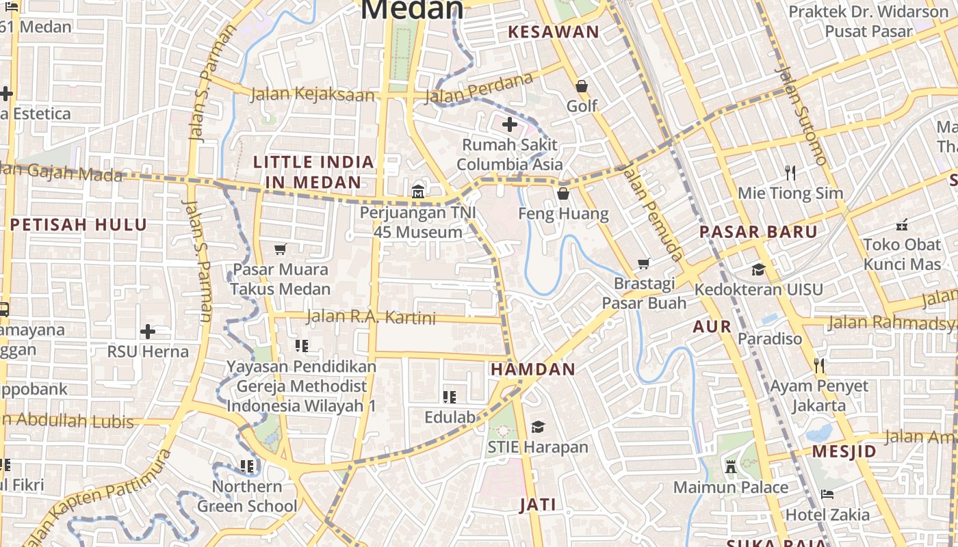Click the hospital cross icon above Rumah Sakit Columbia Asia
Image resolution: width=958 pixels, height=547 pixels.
tap(510, 124)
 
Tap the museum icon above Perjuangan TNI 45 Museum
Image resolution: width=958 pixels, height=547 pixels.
tap(418, 192)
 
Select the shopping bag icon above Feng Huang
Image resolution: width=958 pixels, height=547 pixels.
tap(563, 194)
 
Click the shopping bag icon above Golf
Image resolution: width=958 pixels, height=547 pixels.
tap(582, 86)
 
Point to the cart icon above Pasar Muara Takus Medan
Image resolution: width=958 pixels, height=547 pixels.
tap(280, 249)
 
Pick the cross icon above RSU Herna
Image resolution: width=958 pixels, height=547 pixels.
tap(148, 332)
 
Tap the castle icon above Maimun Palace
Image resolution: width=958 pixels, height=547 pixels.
tap(731, 467)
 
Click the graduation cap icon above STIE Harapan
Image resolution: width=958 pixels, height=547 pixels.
tap(538, 427)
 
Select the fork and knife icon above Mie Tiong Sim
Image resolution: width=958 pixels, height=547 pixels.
tap(790, 172)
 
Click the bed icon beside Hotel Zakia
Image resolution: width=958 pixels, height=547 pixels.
tap(827, 494)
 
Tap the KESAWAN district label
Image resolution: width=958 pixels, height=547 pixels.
tap(554, 31)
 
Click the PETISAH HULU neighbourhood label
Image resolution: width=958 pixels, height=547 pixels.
tap(79, 224)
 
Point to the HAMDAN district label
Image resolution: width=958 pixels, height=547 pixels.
tap(533, 369)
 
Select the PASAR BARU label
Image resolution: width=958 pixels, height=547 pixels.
tap(758, 232)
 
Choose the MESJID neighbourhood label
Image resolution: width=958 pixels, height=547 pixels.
tap(844, 451)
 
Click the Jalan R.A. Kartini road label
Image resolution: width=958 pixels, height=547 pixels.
tap(370, 317)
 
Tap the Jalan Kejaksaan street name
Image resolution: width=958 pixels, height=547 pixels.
tap(313, 94)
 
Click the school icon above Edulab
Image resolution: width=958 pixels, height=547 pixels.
tap(449, 397)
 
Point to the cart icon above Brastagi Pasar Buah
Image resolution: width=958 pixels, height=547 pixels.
tap(643, 263)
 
